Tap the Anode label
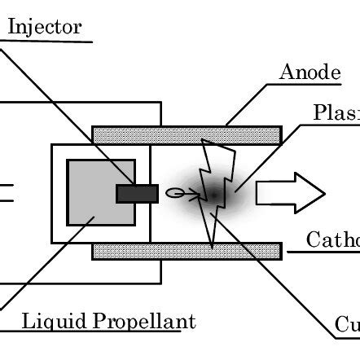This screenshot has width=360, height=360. click(x=310, y=72)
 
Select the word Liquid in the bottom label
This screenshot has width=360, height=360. click(x=47, y=321)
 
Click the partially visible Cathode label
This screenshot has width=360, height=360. click(x=333, y=239)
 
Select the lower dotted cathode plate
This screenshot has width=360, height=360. click(x=187, y=251)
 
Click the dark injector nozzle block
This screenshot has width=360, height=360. click(x=137, y=193)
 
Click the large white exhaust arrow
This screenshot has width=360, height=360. click(x=290, y=193)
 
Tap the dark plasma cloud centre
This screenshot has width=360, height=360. click(x=213, y=193)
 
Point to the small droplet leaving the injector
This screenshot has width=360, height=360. click(x=174, y=193)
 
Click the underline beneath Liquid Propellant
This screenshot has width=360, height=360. click(x=98, y=332)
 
